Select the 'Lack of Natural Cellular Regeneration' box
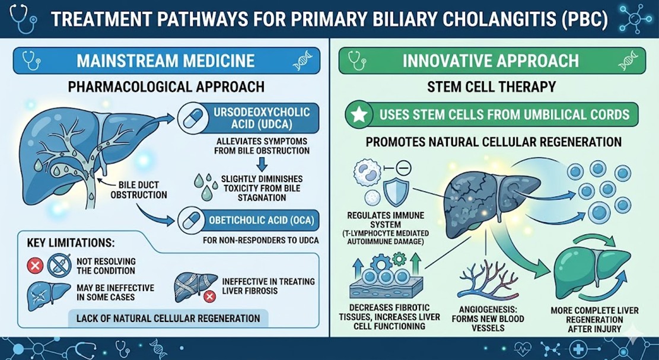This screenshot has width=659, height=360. click(x=168, y=318)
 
